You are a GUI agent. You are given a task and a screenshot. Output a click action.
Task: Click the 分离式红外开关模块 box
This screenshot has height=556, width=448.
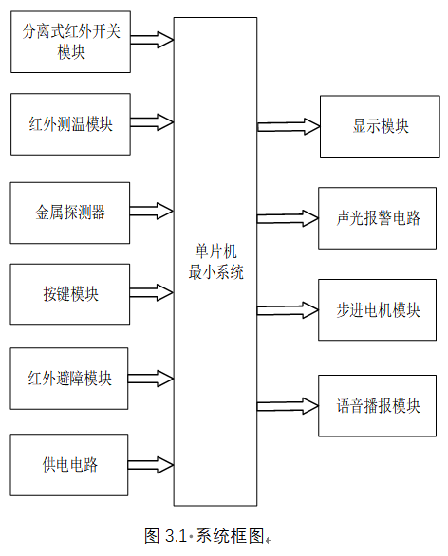(70, 42)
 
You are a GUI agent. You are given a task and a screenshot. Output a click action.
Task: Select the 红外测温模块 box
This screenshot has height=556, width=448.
(70, 124)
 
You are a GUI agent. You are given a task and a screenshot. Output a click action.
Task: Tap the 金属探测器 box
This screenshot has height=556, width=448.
(70, 213)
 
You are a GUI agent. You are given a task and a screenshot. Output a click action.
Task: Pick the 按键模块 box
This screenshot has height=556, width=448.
(70, 294)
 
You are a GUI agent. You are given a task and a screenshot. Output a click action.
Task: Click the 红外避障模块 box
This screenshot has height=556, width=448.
(69, 379)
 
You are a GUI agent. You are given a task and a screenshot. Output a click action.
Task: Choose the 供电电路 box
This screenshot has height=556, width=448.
(69, 465)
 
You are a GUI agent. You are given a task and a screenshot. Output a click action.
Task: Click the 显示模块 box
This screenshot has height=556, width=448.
(380, 126)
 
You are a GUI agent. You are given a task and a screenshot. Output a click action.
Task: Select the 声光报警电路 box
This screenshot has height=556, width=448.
(378, 218)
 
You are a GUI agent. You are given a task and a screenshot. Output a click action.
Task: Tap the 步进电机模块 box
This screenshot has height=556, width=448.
(378, 310)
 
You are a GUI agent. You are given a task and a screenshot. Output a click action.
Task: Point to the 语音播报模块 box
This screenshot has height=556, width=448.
(378, 406)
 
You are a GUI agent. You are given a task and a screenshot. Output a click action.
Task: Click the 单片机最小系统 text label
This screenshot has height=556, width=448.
(215, 262)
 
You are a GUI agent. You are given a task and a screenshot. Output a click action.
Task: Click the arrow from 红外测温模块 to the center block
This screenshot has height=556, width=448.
(152, 122)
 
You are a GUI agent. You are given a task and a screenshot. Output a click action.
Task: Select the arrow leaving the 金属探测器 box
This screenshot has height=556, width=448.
(152, 211)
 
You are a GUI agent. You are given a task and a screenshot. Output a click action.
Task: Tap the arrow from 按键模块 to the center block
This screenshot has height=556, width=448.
(152, 292)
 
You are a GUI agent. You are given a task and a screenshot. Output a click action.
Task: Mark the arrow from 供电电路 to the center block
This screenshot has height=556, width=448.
(151, 465)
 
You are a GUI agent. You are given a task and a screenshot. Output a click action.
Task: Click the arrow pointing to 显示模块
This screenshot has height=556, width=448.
(289, 126)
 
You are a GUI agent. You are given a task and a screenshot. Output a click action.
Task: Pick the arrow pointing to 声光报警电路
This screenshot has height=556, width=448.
(288, 218)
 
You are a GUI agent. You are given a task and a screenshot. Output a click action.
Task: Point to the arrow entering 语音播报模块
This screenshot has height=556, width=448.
(288, 406)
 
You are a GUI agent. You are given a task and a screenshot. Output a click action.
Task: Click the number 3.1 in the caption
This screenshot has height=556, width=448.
(176, 536)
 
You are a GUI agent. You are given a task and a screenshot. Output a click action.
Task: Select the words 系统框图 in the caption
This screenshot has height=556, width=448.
(231, 536)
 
